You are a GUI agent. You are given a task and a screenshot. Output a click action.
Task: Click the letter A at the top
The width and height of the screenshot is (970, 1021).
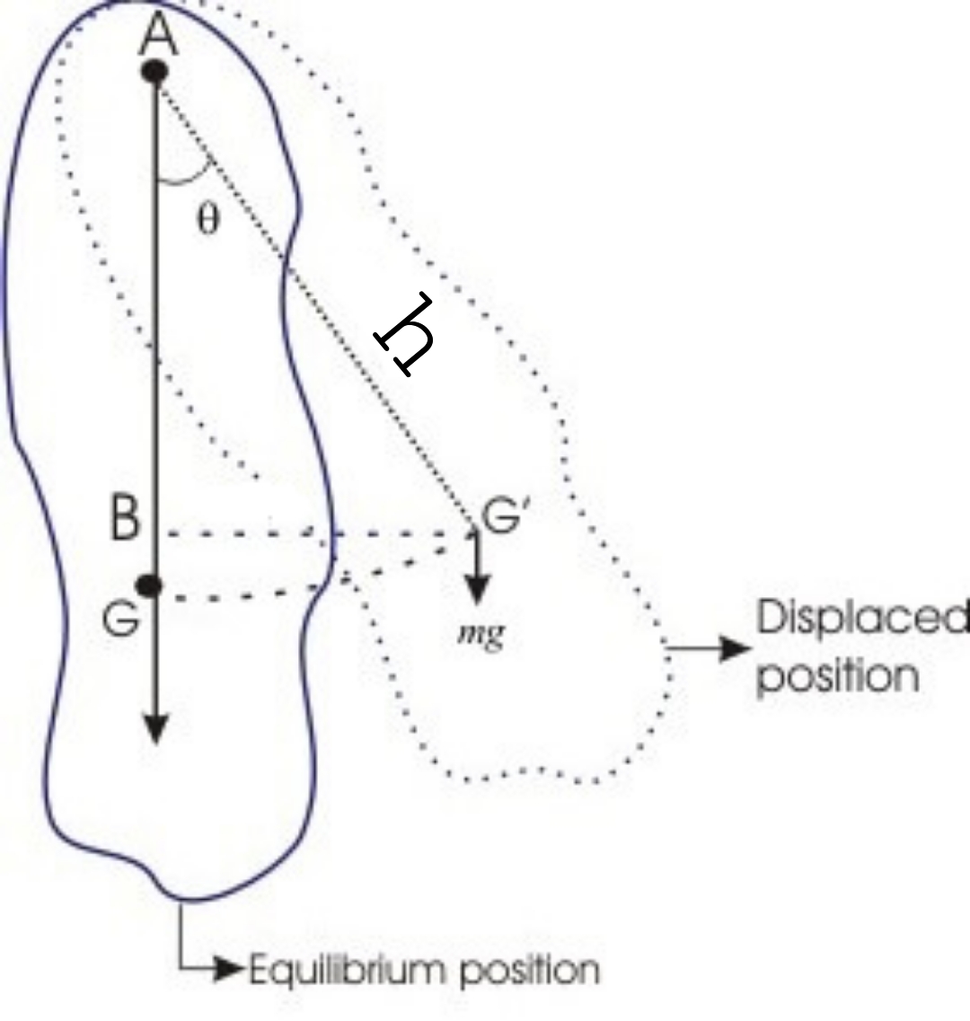pyautogui.click(x=158, y=37)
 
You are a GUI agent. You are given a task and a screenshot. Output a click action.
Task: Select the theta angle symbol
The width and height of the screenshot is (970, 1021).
pyautogui.click(x=207, y=220)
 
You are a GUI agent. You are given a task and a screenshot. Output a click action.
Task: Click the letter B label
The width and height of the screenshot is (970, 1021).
pyautogui.click(x=125, y=519)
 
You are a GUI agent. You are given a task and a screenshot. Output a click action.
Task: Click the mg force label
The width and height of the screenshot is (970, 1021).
pyautogui.click(x=480, y=634)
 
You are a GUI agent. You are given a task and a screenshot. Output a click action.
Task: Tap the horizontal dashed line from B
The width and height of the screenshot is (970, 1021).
pyautogui.click(x=314, y=535)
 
